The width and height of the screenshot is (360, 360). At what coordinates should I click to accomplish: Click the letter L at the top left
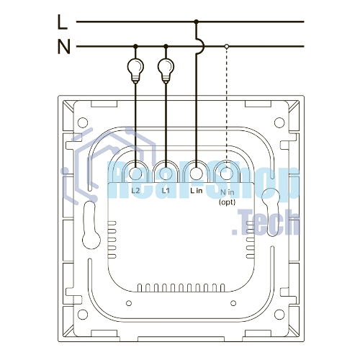(x=63, y=22)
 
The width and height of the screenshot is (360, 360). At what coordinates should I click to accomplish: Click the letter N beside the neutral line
(x=64, y=47)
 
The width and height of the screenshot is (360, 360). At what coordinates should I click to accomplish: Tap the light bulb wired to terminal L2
(x=135, y=71)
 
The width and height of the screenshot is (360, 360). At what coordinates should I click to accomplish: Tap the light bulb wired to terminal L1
(x=166, y=71)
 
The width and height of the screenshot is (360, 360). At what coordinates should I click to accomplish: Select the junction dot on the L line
(x=197, y=22)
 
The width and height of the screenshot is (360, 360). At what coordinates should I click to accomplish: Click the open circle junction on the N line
(x=227, y=46)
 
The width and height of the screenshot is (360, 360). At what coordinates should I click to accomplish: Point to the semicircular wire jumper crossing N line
(x=201, y=45)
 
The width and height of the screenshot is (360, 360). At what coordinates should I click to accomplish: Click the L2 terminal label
(x=135, y=191)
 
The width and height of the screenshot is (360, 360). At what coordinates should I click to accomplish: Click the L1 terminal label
(x=166, y=191)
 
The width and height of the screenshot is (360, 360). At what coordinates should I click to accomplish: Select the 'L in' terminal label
(x=197, y=191)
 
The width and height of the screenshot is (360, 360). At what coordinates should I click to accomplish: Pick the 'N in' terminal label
(x=228, y=192)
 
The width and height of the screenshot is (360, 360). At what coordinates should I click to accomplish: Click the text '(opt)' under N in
(x=227, y=202)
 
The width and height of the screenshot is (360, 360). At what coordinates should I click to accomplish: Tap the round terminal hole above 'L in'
(x=197, y=174)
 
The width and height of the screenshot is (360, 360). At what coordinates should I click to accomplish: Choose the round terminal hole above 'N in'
(x=227, y=174)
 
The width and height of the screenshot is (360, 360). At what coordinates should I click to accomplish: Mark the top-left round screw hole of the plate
(x=83, y=122)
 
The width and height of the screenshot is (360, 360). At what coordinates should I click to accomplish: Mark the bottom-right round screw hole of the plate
(x=279, y=315)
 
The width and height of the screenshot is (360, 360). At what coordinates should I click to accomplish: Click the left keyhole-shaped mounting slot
(x=91, y=225)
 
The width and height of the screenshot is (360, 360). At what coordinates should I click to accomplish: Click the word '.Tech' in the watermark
(x=266, y=222)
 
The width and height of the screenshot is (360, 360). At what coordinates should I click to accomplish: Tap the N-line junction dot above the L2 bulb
(x=135, y=46)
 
